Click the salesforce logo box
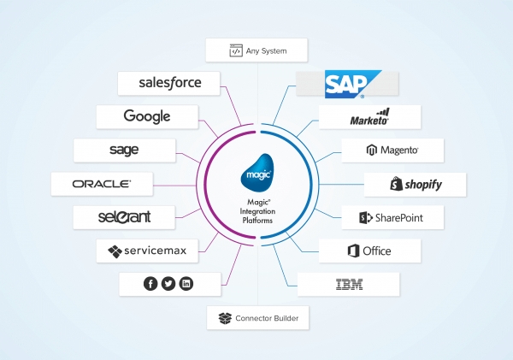pos(168,84)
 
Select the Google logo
pos(147,116)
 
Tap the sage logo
pos(124,150)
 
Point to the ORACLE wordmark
pos(102,184)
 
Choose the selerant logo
pos(124,217)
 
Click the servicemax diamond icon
pos(115,251)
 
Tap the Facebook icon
pos(150,284)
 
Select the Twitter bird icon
pos(168,284)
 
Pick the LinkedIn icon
pos(186,284)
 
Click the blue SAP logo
pos(351,84)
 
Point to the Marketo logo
pos(369,117)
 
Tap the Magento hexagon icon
pos(372,150)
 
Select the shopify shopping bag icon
pos(396,184)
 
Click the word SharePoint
pos(399,218)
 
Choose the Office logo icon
pos(353,251)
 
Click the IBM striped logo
pos(349,285)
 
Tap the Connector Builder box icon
pos(225,318)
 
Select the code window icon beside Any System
pos(236,50)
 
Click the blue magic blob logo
pos(257,173)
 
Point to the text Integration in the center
pos(257,211)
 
